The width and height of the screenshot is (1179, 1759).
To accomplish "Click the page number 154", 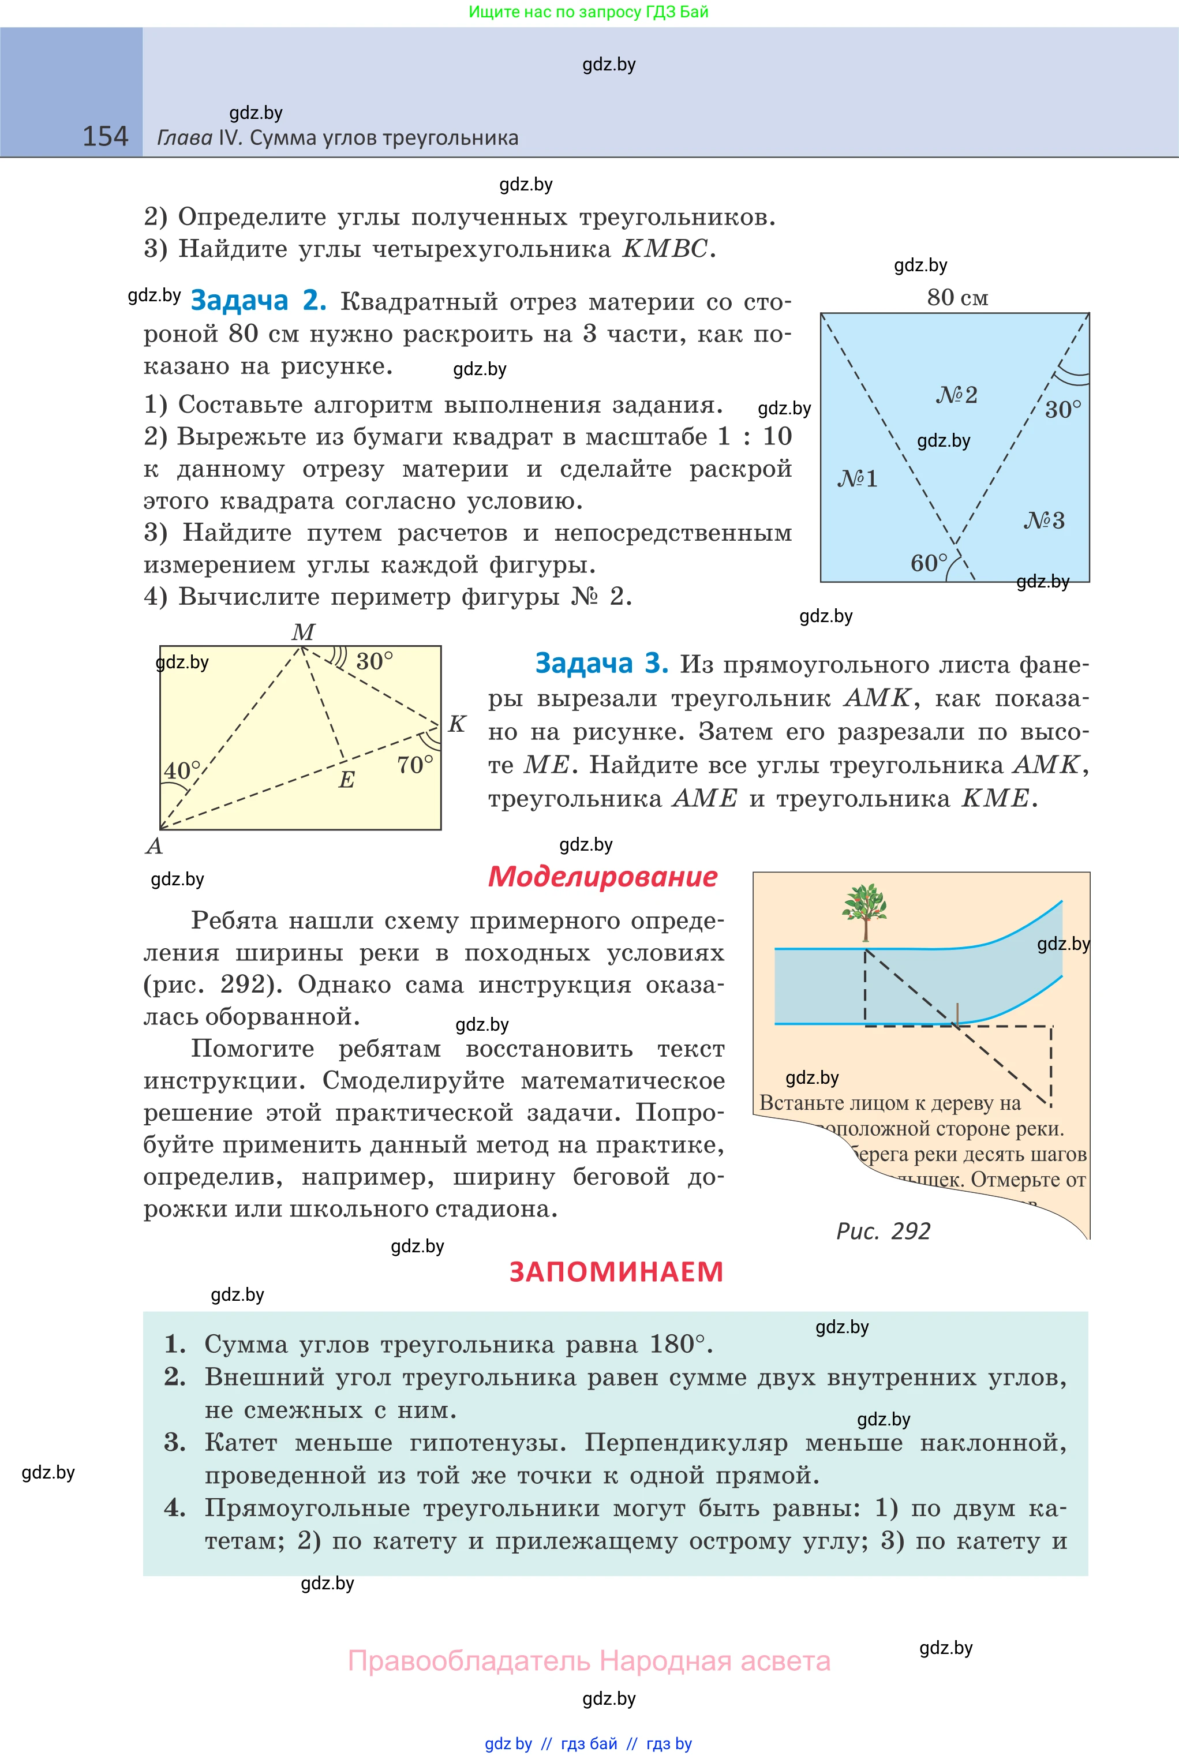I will coord(105,137).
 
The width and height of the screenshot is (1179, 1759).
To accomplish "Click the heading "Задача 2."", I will coord(258,301).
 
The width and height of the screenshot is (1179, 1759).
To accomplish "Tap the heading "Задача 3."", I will coord(601,664).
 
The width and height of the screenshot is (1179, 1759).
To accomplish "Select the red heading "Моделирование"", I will coord(602,877).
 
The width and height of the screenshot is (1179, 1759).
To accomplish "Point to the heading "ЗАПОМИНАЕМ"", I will coord(616,1272).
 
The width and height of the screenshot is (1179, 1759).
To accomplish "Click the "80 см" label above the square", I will coord(957,298).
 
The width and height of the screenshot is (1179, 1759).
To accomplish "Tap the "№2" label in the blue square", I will coord(956,395).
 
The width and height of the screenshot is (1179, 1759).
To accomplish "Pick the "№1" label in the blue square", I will coord(857,479).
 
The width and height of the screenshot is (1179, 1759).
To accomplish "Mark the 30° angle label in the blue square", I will coord(1062,410).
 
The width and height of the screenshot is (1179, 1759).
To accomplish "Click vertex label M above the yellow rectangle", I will coord(303,632).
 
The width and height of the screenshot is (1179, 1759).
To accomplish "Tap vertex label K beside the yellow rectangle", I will coord(457,724).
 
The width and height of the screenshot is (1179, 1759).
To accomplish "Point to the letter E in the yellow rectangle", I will coord(346,780).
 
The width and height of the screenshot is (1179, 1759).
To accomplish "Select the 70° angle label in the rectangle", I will coord(415,765).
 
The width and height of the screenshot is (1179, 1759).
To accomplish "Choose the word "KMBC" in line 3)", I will coord(665,249).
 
